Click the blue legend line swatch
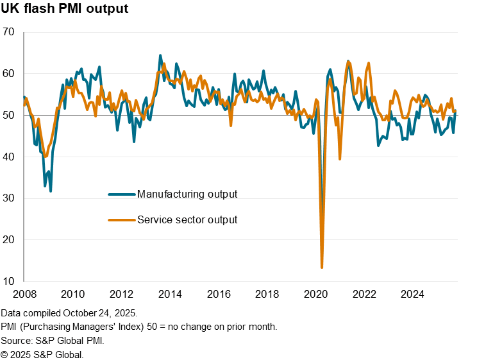click(122, 194)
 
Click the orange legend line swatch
click(122, 220)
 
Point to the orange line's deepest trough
click(322, 267)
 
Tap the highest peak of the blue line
click(160, 55)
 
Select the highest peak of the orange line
click(349, 62)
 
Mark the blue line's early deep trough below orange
click(51, 191)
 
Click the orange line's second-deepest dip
click(340, 159)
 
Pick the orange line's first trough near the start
click(46, 156)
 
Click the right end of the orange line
click(455, 112)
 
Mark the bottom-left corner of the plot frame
click(24, 281)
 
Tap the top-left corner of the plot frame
click(24, 32)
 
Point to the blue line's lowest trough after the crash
click(378, 145)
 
